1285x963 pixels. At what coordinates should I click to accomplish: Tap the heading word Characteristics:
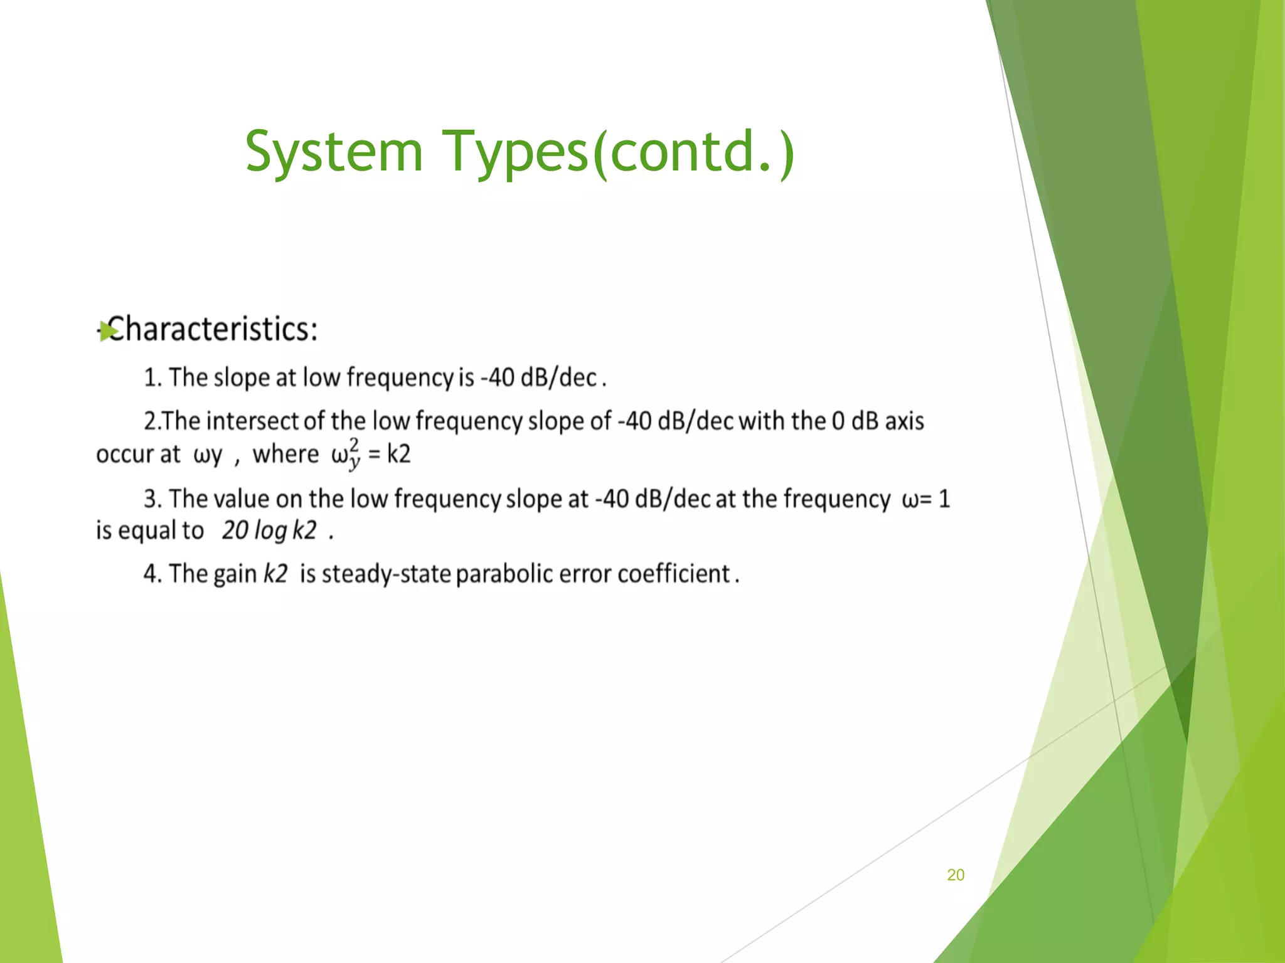213,329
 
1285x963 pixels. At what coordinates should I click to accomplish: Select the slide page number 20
955,875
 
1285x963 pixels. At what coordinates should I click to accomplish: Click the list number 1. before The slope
152,377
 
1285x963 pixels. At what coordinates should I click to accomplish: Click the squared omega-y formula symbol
346,453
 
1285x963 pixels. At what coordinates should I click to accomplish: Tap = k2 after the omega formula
390,454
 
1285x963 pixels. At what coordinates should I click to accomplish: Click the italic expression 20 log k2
269,531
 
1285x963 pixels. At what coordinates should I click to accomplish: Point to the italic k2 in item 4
275,574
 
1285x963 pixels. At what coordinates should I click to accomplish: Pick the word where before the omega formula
285,454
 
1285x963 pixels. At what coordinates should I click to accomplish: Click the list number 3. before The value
152,499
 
